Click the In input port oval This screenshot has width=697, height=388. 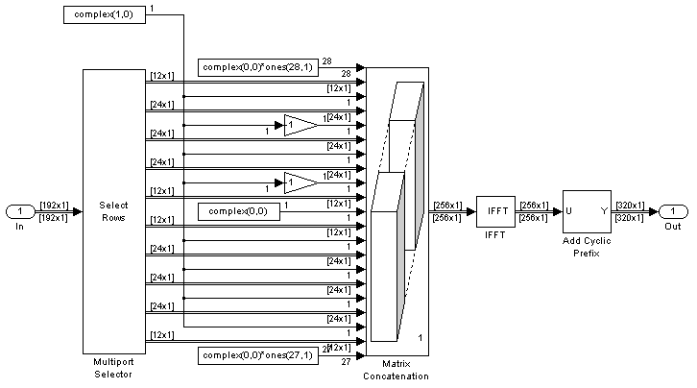point(19,211)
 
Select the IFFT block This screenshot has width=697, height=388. point(495,211)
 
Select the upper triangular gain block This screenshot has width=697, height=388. point(300,124)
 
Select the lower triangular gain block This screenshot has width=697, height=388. point(300,182)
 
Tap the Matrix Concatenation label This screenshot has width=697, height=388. point(397,370)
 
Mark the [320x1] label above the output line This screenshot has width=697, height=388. point(631,206)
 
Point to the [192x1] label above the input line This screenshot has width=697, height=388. point(54,206)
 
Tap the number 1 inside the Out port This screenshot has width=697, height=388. point(674,211)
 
